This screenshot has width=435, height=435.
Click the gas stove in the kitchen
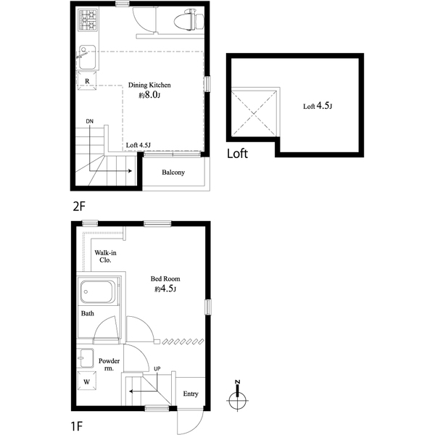(x=88, y=20)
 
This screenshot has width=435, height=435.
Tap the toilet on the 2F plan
(x=189, y=20)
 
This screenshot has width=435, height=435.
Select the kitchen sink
(x=87, y=57)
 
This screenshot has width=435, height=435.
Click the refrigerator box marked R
(x=87, y=80)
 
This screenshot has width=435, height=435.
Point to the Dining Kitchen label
(x=149, y=85)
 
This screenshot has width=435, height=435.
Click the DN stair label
(x=90, y=121)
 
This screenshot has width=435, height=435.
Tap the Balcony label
(x=173, y=173)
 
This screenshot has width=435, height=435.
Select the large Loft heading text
(x=237, y=154)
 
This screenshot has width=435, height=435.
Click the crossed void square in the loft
(x=254, y=114)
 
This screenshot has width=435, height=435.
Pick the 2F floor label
(x=79, y=206)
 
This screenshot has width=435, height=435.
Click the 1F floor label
(x=77, y=426)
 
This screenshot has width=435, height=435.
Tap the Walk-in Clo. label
(x=105, y=257)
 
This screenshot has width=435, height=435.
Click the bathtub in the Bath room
(x=98, y=292)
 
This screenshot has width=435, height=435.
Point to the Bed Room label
(x=165, y=279)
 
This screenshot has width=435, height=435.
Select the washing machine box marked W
(x=87, y=381)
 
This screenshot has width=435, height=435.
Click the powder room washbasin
(x=86, y=358)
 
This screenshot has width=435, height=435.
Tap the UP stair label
(x=157, y=369)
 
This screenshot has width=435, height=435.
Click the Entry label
(x=191, y=394)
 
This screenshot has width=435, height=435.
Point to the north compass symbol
(x=238, y=397)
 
